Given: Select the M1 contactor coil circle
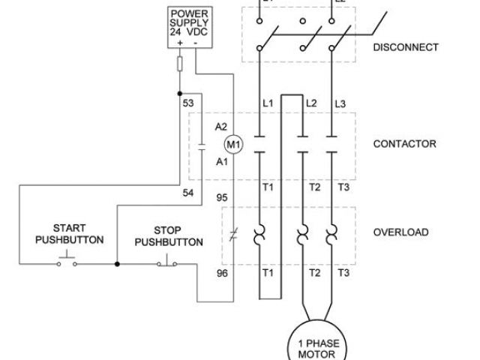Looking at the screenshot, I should (232, 143).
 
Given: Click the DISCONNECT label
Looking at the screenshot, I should (406, 47).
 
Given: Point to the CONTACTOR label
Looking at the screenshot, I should (404, 143).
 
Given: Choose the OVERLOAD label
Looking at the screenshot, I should (401, 232).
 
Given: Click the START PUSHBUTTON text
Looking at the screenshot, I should (69, 233).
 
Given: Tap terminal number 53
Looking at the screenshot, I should (189, 103).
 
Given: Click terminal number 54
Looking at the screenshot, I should (189, 193).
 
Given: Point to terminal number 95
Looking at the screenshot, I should (222, 198).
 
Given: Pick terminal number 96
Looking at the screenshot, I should (222, 273).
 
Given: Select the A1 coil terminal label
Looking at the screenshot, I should (220, 161).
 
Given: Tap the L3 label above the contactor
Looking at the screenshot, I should (340, 103).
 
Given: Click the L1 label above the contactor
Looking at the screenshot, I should (268, 103).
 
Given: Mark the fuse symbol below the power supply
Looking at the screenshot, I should (180, 64).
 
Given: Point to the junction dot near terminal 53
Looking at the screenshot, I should (180, 94).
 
